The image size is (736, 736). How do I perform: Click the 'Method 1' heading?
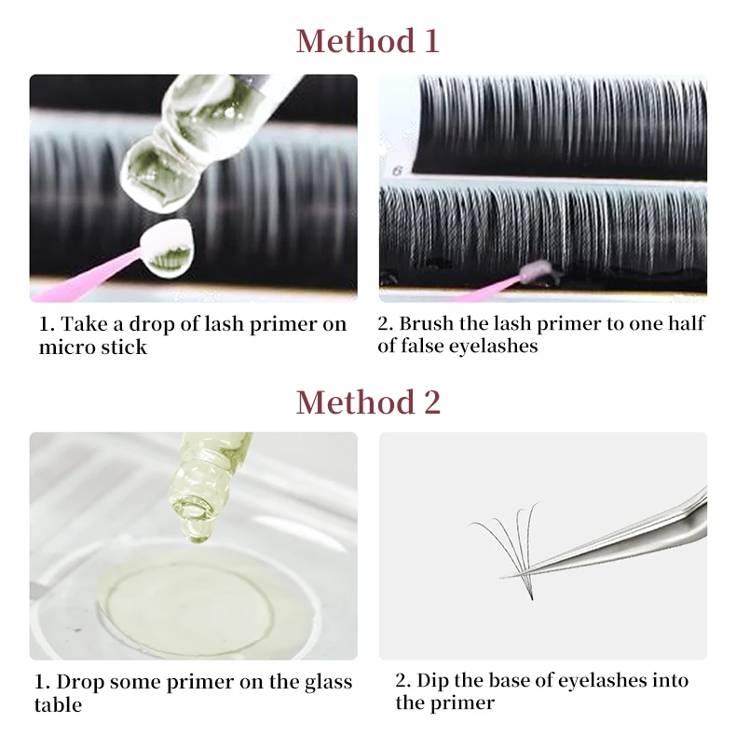(367, 41)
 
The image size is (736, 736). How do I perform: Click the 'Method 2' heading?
(367, 402)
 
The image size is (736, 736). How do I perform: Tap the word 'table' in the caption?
(58, 705)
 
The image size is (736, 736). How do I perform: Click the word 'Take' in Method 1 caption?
(80, 323)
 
